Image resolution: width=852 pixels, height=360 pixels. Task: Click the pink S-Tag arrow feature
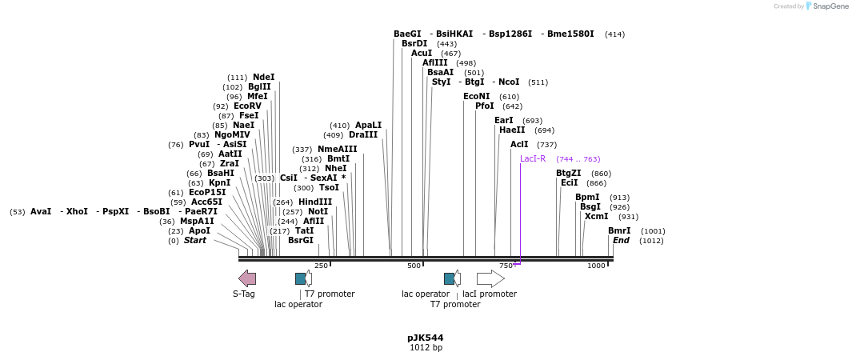247,278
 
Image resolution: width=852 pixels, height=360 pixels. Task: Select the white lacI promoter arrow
490,278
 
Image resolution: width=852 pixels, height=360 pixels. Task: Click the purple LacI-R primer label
533,159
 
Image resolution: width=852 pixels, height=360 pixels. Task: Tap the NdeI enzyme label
263,78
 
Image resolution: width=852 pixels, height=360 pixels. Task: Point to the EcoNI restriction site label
477,97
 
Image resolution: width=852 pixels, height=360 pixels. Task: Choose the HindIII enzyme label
315,202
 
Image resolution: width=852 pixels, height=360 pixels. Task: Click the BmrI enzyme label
619,231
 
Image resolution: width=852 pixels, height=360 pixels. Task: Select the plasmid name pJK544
426,338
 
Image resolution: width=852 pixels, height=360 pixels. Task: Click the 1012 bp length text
426,348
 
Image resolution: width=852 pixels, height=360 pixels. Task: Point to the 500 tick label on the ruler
414,266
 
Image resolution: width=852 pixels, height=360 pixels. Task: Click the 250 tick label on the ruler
321,266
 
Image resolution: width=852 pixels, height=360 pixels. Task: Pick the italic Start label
195,241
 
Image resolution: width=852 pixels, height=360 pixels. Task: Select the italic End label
621,241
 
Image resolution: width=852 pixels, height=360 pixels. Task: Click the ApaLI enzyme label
368,126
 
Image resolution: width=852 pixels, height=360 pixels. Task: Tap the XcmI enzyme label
596,217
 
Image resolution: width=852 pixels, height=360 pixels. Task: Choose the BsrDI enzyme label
414,44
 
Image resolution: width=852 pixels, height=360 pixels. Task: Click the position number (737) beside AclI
546,145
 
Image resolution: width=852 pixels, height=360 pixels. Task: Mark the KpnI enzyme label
220,183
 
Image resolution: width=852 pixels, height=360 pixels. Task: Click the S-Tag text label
244,294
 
